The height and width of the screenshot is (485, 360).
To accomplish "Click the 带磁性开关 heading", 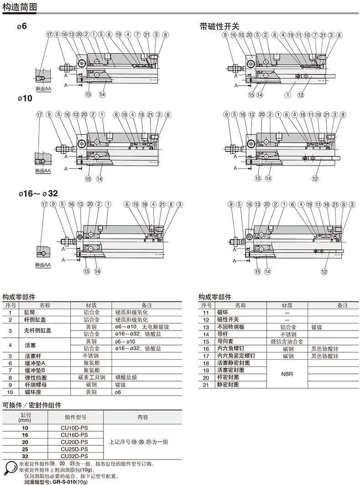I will click(x=219, y=26).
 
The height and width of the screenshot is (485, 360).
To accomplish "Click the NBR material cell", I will click(x=287, y=374).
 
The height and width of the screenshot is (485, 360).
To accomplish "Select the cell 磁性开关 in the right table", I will click(x=227, y=320).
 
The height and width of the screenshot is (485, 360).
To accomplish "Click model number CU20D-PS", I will click(x=74, y=442).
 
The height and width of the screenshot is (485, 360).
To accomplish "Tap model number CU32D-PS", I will click(x=74, y=456).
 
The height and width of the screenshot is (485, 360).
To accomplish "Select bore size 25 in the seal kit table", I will click(x=25, y=449).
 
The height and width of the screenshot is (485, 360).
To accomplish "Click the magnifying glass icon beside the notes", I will click(x=10, y=468).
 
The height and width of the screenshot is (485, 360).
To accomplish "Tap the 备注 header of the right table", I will click(x=342, y=305).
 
